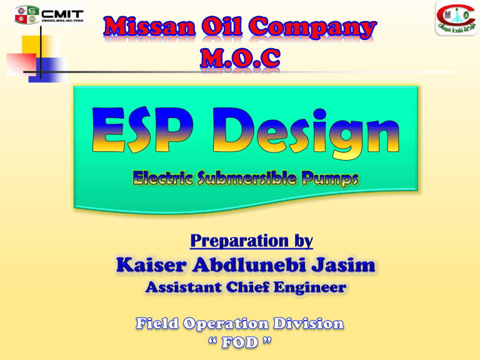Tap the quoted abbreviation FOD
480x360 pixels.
tap(241, 342)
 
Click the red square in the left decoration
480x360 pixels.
tap(17, 63)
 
